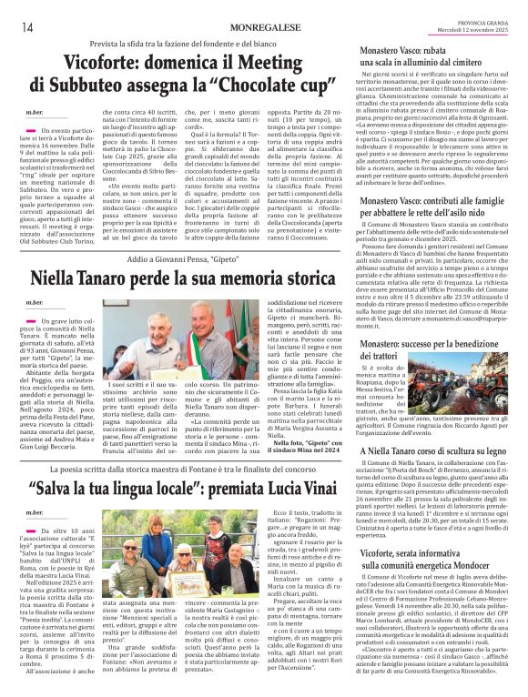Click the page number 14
[27, 25]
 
